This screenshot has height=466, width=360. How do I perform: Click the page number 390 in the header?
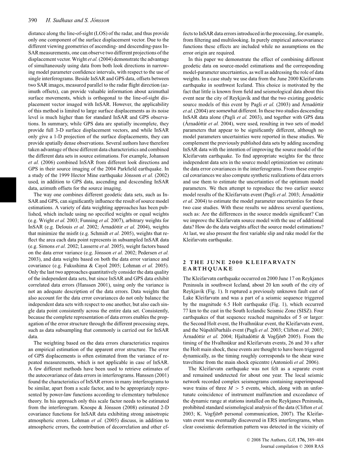point(32,20)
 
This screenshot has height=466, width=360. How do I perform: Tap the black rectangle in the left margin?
point(8,189)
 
